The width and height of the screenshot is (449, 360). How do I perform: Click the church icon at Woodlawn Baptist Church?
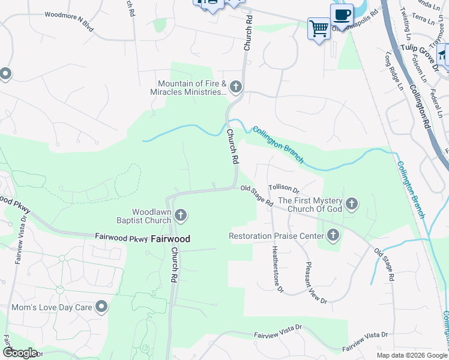[x=181, y=215]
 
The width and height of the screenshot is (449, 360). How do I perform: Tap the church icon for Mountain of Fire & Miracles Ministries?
[x=235, y=88]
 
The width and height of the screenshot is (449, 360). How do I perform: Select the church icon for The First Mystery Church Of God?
[x=352, y=205]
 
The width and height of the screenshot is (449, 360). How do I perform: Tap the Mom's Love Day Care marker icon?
[x=101, y=307]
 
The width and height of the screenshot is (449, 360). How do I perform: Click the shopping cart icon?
[x=319, y=28]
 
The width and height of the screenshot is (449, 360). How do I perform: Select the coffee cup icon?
[x=342, y=14]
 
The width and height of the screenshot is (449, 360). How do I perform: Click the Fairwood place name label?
[x=170, y=239]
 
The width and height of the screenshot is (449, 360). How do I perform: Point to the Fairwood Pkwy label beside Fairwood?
[x=121, y=238]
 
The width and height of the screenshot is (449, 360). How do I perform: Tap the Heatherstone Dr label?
[x=277, y=269]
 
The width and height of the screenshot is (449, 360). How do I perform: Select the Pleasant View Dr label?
[x=316, y=283]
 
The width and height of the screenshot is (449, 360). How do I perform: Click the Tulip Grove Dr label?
[x=421, y=49]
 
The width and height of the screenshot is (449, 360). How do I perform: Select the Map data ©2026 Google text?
[x=411, y=355]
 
